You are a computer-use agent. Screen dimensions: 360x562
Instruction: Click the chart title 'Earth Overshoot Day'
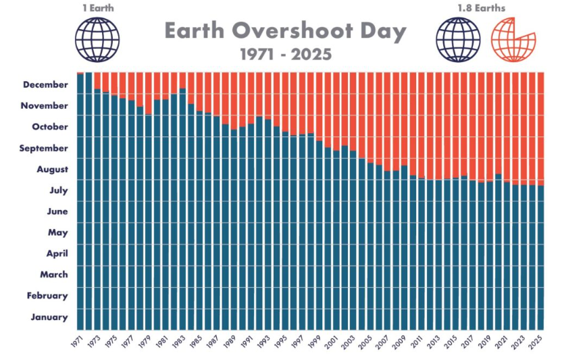[285, 31]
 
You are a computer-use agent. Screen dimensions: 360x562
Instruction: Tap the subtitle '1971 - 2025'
[285, 54]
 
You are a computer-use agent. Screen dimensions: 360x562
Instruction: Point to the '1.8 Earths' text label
[482, 8]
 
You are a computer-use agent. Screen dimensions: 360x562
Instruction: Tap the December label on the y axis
[45, 84]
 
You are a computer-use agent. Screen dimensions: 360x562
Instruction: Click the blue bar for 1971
[80, 203]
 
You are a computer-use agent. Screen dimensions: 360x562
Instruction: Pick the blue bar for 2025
[540, 257]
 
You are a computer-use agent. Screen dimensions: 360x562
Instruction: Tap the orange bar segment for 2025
[540, 128]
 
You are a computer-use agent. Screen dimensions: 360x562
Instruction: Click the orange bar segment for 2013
[438, 125]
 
